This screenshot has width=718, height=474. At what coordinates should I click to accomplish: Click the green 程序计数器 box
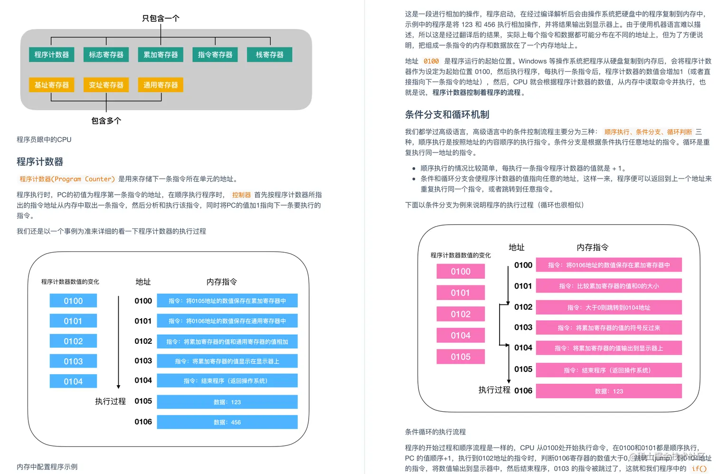coord(51,55)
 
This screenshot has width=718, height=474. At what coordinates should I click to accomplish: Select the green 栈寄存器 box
coord(269,55)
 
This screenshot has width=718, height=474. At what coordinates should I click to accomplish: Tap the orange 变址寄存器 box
coord(106,85)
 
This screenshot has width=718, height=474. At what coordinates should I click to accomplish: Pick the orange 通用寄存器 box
coord(161,85)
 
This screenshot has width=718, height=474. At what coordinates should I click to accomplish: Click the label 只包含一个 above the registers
coord(161,19)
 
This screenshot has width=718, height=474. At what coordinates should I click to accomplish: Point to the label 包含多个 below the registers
coord(106,121)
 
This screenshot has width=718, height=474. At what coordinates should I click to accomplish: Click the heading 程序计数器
coord(40,162)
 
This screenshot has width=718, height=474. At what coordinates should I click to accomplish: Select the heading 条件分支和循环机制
coord(447,114)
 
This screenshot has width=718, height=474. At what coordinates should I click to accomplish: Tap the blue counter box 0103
coord(73,361)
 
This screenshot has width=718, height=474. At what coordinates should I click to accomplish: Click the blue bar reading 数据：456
coord(227,422)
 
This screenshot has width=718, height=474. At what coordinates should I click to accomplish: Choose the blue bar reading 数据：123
coord(227,402)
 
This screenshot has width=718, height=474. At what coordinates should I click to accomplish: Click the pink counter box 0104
coord(461,335)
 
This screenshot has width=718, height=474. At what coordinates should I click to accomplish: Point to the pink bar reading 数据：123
coord(609,391)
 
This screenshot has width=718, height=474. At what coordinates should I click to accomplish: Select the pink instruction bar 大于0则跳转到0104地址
coord(609,307)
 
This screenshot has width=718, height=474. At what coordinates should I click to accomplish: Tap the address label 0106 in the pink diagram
coord(523,390)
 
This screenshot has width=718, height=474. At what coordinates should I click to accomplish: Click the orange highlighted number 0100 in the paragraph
coord(431,61)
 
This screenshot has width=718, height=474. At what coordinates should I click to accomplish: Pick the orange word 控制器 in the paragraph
coord(241,195)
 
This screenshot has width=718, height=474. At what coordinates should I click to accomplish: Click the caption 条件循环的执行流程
coord(435,432)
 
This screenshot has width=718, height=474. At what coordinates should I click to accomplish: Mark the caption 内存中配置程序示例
coord(47,467)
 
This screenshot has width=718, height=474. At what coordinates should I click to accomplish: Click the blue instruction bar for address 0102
coord(227,341)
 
